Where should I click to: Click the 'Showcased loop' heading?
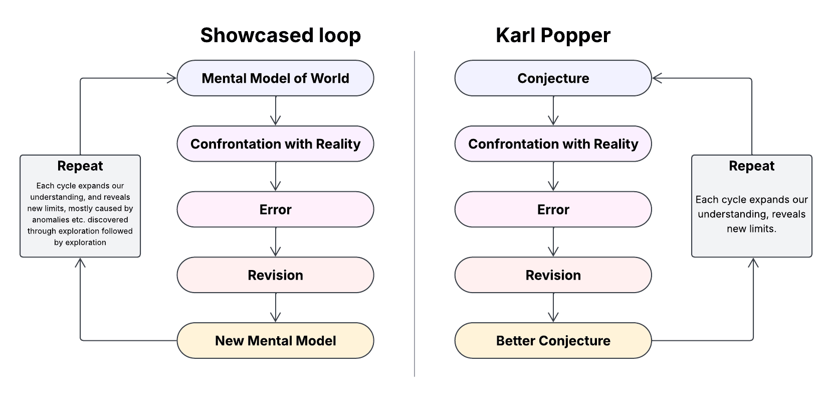[x=281, y=36]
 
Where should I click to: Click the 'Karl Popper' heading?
[x=553, y=36]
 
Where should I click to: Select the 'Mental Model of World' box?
[x=275, y=78]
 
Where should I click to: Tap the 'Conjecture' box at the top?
[x=553, y=78]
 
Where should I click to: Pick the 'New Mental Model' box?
[x=275, y=340]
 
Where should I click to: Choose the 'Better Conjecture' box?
[x=553, y=340]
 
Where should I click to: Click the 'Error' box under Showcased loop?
[x=275, y=209]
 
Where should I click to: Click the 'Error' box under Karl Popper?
[x=553, y=209]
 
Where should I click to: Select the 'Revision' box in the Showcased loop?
[x=275, y=275]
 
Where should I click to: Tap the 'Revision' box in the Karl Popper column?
[x=553, y=275]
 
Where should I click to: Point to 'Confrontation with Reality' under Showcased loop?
[x=275, y=144]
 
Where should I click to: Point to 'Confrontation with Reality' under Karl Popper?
[x=553, y=144]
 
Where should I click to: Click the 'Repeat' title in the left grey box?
[x=80, y=166]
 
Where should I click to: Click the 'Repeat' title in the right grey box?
[x=752, y=166]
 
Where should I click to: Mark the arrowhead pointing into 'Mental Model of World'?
[x=172, y=78]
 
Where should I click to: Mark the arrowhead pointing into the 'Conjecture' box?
[x=657, y=78]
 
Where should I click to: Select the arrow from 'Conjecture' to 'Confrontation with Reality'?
[x=553, y=111]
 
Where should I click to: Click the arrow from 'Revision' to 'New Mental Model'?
[x=275, y=308]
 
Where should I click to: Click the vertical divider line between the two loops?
[x=414, y=214]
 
